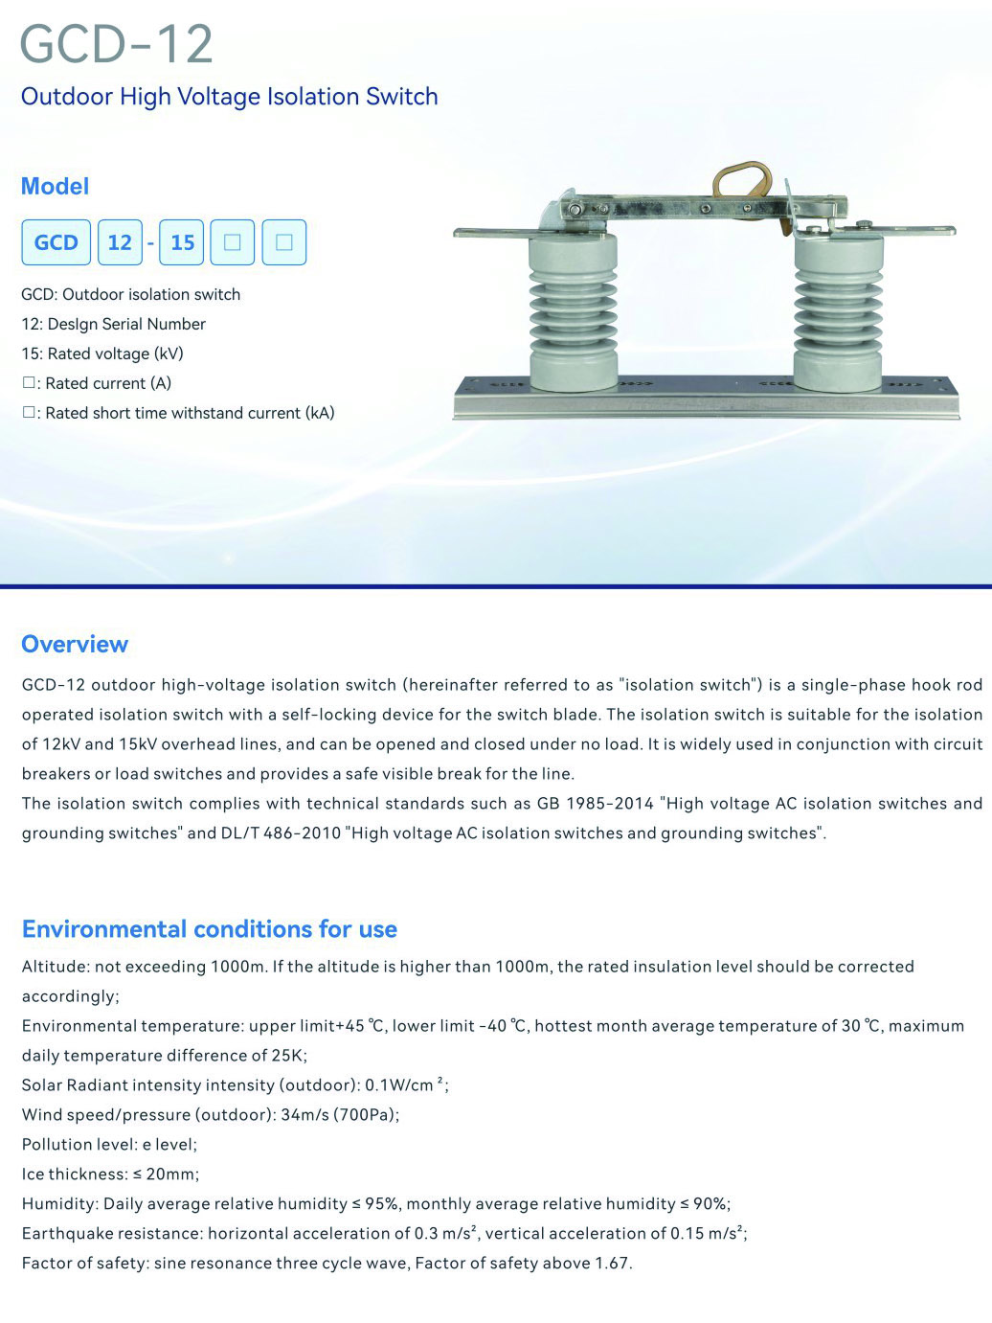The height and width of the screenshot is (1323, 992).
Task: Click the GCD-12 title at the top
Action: pos(116,44)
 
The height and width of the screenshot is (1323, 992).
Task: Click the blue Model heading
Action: pos(55,186)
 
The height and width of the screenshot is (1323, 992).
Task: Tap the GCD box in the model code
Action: pos(56,242)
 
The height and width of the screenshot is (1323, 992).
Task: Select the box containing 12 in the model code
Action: pos(120,242)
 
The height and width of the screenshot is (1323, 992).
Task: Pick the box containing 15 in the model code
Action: pos(182,242)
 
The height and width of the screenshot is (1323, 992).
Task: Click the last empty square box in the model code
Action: pos(283,242)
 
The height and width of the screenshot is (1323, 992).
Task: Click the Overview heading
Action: pos(75,644)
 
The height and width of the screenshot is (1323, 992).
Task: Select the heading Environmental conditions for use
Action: pos(209,929)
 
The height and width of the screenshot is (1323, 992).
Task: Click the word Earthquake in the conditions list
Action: pos(63,1234)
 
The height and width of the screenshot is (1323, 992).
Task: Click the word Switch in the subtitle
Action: pos(405,97)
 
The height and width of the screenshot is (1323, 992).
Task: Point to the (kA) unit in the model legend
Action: pos(320,413)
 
